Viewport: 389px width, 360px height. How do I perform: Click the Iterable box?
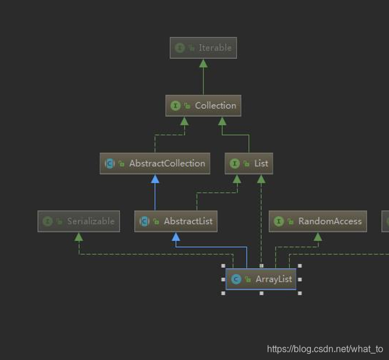click(x=203, y=48)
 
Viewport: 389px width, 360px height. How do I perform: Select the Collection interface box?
click(x=203, y=106)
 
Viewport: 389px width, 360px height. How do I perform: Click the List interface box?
click(x=249, y=164)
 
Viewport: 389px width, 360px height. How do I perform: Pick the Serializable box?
click(x=79, y=221)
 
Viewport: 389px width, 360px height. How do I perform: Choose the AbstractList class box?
click(x=176, y=221)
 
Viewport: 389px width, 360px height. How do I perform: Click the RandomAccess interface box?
click(x=317, y=221)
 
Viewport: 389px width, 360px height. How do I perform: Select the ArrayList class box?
click(x=261, y=279)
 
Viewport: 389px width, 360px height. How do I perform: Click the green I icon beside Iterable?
click(x=180, y=48)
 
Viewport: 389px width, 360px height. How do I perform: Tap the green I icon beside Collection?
click(x=176, y=106)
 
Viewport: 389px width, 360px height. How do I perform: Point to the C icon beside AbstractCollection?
click(x=110, y=164)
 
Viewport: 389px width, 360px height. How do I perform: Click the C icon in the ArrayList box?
click(x=236, y=279)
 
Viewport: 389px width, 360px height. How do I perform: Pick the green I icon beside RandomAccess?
click(x=279, y=221)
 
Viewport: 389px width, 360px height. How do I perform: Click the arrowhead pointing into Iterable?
click(x=203, y=63)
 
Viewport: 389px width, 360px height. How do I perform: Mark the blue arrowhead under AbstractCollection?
click(x=155, y=179)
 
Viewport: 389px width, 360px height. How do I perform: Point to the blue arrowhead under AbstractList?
click(x=176, y=236)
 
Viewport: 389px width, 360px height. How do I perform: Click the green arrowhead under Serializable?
click(x=79, y=236)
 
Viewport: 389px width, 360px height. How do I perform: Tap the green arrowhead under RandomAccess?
click(x=317, y=236)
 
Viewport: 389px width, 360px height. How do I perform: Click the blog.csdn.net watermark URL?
click(x=325, y=349)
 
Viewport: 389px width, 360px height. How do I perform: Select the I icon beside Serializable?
click(x=48, y=221)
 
